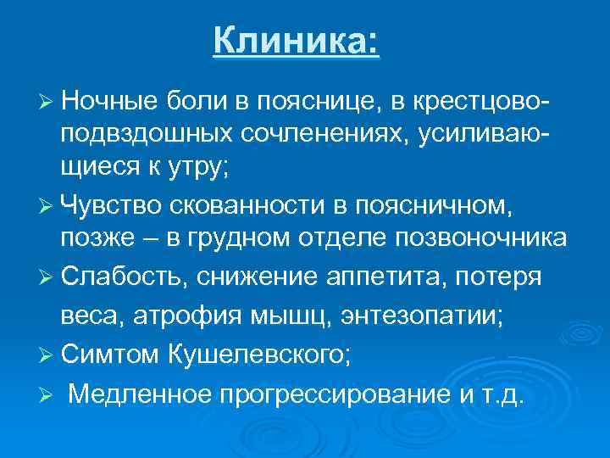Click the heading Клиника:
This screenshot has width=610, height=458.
(x=297, y=40)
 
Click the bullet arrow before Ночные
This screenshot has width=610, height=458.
(x=47, y=103)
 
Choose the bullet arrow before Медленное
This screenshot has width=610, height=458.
(x=47, y=395)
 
